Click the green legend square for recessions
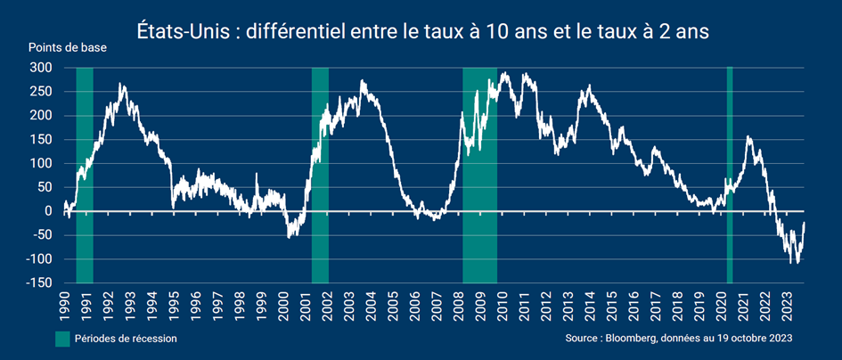[62, 339]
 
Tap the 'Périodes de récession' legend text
[126, 339]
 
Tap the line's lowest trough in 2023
[789, 263]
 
